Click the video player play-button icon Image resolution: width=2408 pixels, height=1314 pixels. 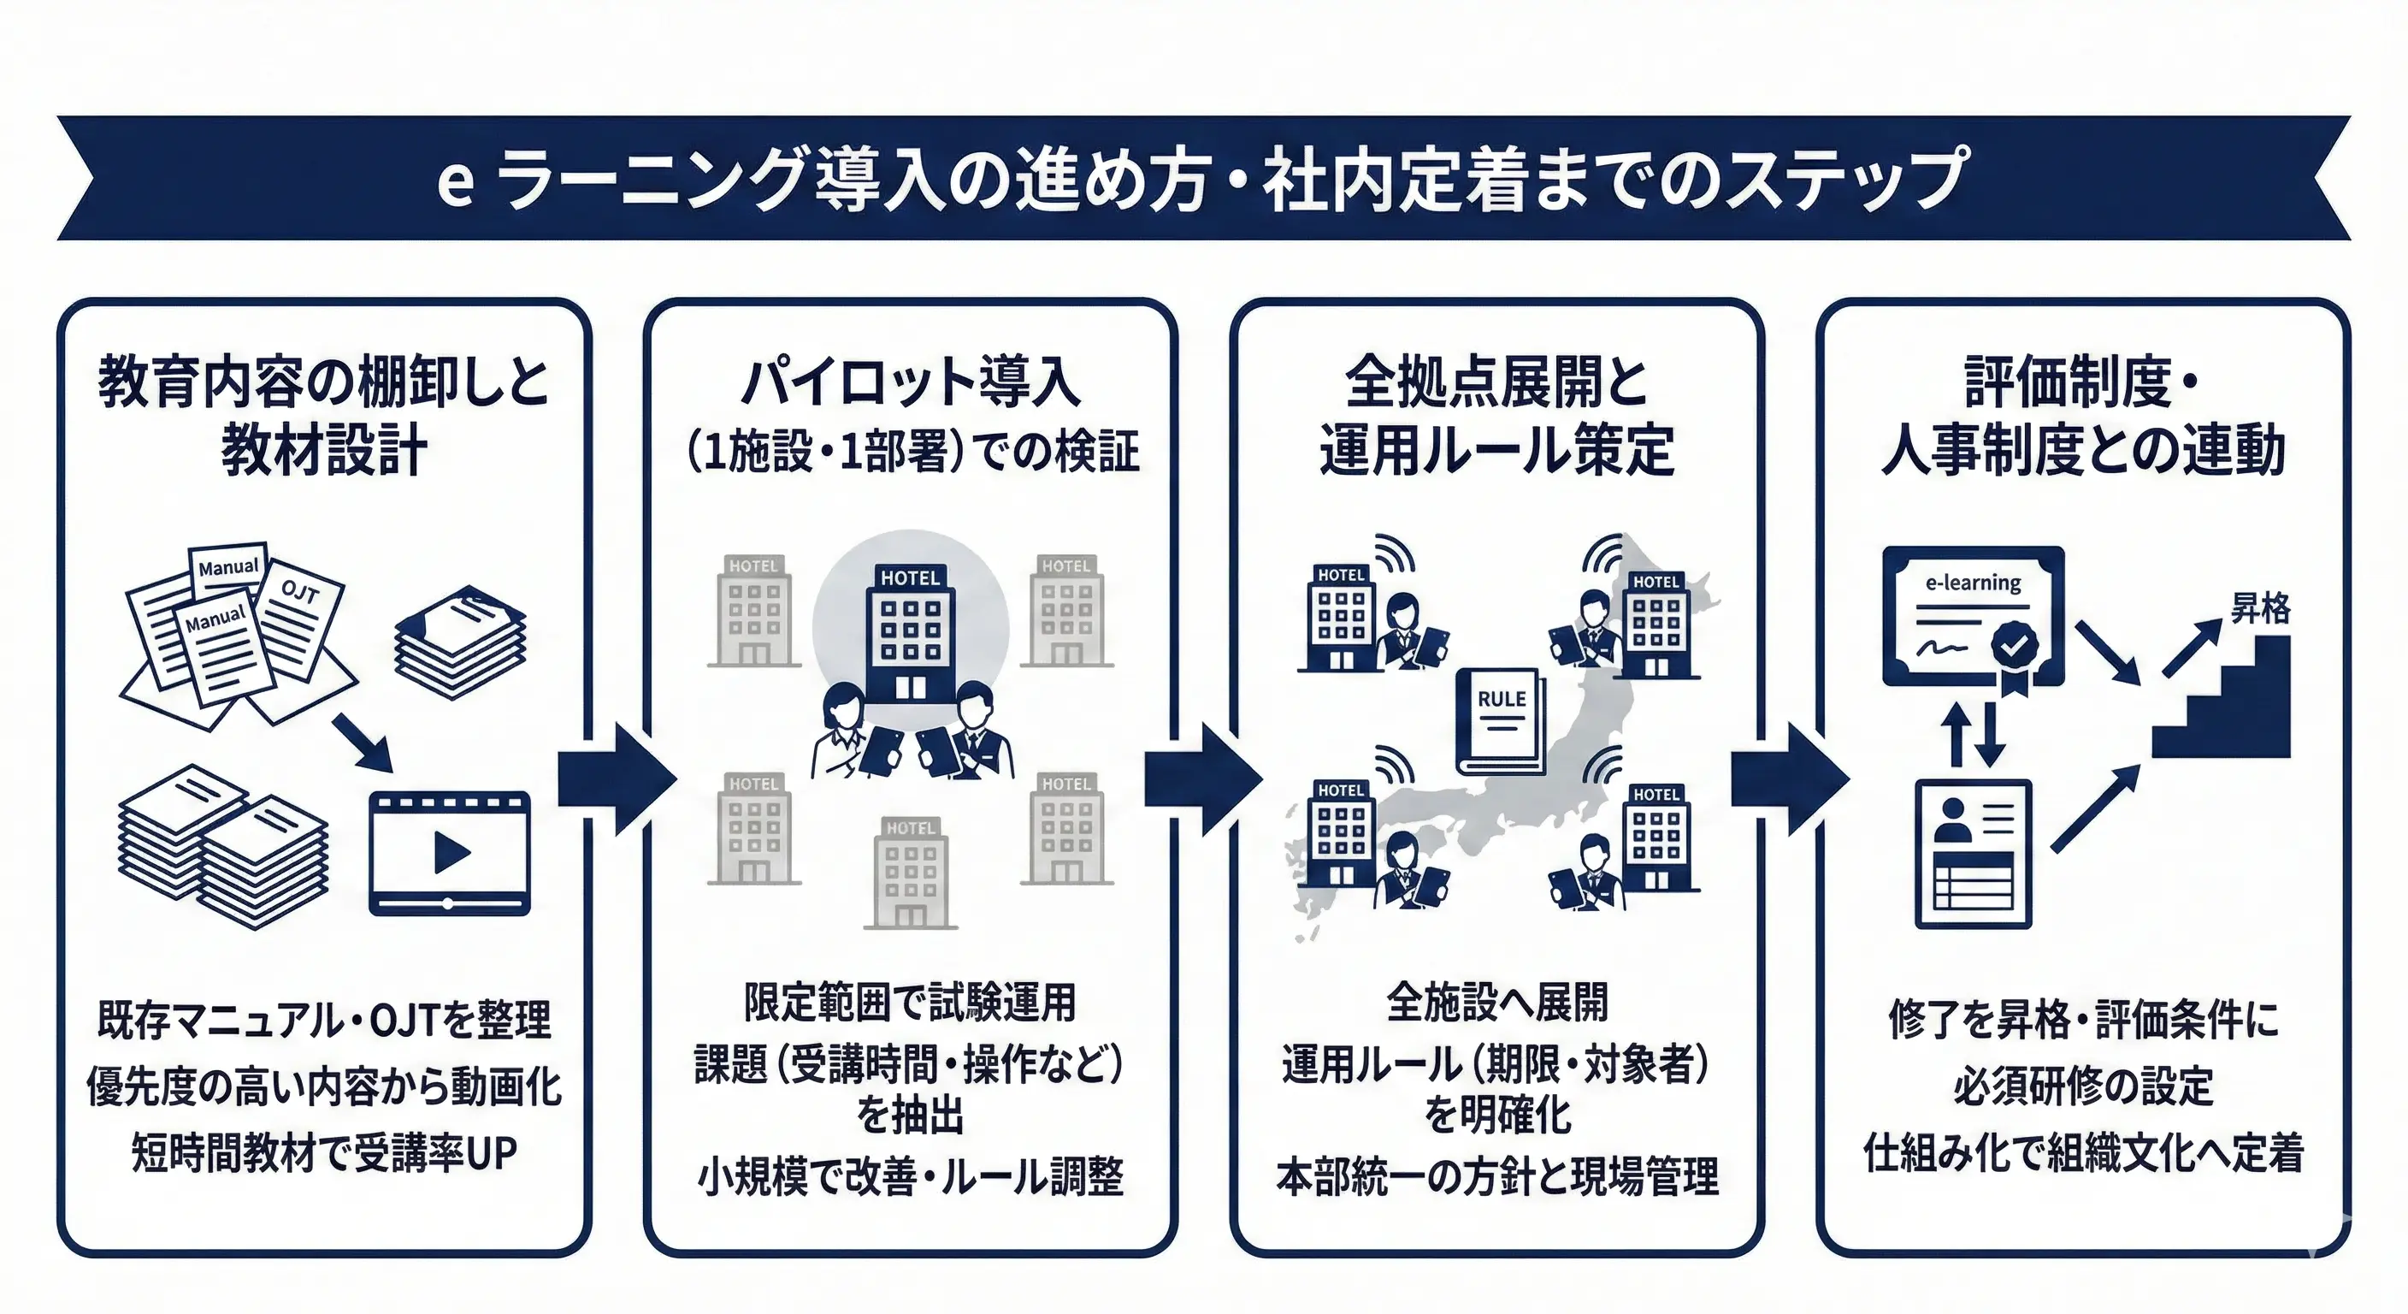pos(451,852)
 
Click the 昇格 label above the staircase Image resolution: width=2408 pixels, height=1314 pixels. pos(2259,609)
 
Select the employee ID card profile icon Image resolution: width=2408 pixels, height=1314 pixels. pos(1974,853)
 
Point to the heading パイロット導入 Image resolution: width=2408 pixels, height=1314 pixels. pos(911,382)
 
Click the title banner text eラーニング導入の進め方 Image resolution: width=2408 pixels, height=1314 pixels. pos(823,180)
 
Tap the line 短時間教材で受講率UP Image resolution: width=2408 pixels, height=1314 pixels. pos(323,1152)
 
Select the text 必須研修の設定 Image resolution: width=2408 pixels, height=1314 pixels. pos(2083,1086)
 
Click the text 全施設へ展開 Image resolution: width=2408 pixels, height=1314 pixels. pos(1496,1003)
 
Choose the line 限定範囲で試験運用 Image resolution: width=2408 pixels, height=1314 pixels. pos(911,1003)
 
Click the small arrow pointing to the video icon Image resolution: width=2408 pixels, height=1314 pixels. pos(363,743)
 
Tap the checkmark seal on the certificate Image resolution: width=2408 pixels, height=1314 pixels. pos(2016,644)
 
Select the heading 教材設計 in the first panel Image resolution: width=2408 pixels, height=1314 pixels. pos(323,451)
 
